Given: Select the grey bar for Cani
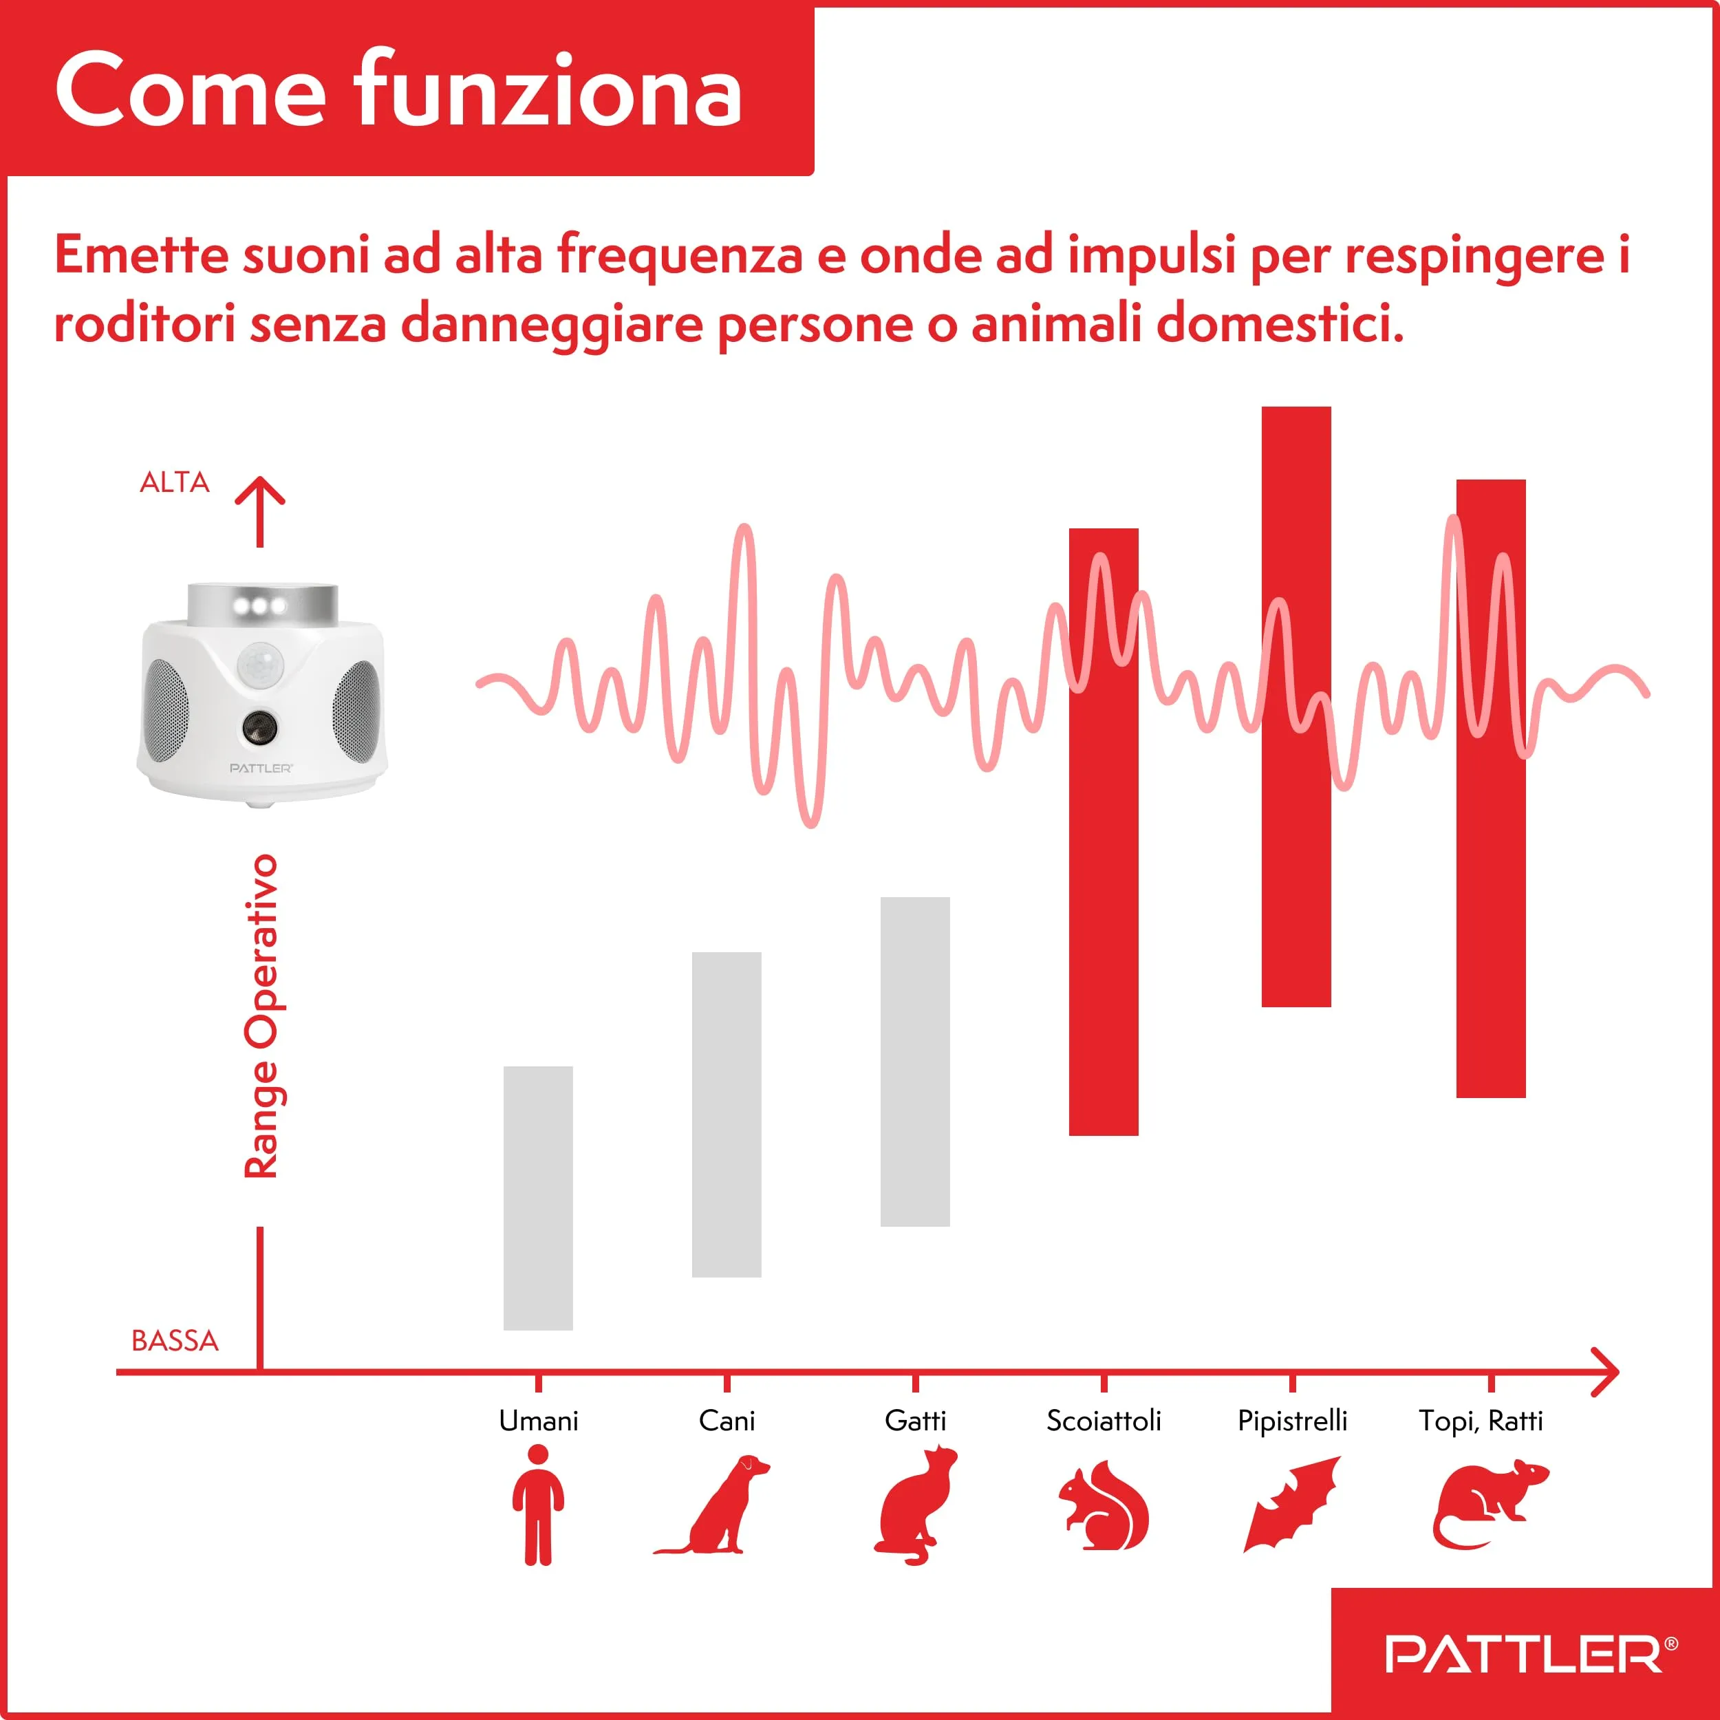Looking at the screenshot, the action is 727,1114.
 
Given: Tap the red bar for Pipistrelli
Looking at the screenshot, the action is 1296,707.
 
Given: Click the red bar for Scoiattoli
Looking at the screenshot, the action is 1104,832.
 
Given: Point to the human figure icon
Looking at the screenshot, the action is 538,1505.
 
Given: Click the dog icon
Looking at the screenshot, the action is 712,1505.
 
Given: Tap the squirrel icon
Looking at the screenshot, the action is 1104,1505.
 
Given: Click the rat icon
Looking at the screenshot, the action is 1489,1505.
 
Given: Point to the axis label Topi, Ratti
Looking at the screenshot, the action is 1481,1421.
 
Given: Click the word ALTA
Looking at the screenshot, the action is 175,482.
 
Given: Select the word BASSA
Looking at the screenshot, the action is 175,1341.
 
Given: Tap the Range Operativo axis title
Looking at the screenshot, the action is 261,1015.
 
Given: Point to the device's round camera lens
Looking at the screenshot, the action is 259,727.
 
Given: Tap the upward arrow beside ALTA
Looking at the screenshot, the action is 260,512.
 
